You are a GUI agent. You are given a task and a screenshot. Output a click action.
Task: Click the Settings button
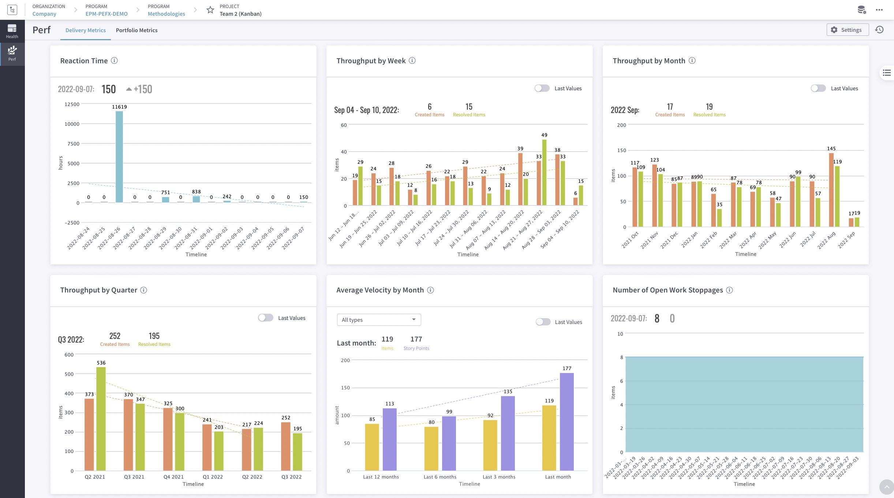tap(847, 30)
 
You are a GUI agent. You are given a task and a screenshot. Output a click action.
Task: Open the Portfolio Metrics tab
tap(136, 30)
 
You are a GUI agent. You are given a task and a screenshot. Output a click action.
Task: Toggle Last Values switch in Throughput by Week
tap(542, 88)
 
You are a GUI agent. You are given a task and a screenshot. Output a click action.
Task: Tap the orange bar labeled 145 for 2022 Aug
tap(831, 190)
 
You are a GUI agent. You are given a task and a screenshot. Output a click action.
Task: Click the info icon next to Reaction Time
tap(114, 61)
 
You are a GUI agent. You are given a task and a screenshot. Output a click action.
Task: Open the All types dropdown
tap(378, 320)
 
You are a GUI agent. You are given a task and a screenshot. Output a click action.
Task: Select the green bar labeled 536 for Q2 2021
tap(101, 418)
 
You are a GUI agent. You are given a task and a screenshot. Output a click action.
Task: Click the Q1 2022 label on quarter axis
tap(213, 477)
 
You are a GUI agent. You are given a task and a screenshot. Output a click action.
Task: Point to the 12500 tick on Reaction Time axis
tap(72, 104)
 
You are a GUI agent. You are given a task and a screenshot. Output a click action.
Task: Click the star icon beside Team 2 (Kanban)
tap(210, 10)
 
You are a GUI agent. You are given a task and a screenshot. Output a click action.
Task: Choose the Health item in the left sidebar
tap(12, 31)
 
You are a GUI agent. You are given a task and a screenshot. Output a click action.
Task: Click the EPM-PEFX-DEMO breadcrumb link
tap(106, 14)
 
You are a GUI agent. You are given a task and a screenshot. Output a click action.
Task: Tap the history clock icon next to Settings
tap(879, 30)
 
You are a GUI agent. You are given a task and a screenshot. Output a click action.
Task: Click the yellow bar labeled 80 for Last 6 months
tap(431, 448)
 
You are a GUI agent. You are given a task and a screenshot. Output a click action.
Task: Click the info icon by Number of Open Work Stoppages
tap(729, 290)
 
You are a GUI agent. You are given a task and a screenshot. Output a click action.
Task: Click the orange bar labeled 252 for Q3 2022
tap(286, 446)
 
